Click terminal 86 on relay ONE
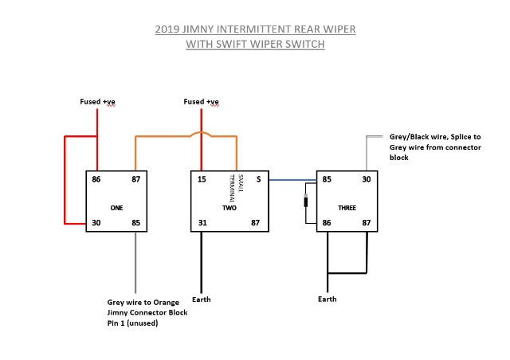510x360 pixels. point(96,180)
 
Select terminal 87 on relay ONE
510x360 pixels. point(136,180)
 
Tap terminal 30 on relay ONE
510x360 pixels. point(96,222)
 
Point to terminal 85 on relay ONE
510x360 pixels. point(136,222)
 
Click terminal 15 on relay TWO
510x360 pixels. point(202,180)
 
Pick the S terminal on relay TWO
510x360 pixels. point(258,180)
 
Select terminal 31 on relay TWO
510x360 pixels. point(202,222)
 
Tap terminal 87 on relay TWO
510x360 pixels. point(257,222)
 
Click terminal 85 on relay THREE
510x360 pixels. point(327,180)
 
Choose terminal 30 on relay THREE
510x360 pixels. point(367,180)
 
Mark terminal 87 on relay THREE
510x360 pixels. point(367,222)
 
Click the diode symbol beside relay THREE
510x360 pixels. point(305,202)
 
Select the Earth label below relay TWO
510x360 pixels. point(202,300)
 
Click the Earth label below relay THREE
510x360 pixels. point(327,299)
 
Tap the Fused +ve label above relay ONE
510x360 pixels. point(97,102)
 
